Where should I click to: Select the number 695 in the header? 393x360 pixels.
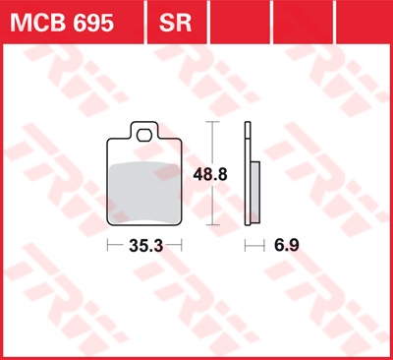click(93, 23)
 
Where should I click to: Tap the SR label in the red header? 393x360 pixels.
click(175, 23)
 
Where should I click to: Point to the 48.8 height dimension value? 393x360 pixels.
click(210, 174)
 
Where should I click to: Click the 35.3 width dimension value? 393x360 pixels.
click(145, 246)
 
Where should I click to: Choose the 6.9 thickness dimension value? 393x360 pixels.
click(287, 245)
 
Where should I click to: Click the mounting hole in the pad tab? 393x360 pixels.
click(144, 135)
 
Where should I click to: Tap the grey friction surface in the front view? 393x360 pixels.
click(144, 194)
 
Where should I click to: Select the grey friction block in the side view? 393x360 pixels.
click(255, 192)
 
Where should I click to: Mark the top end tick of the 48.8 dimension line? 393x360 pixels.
click(213, 122)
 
